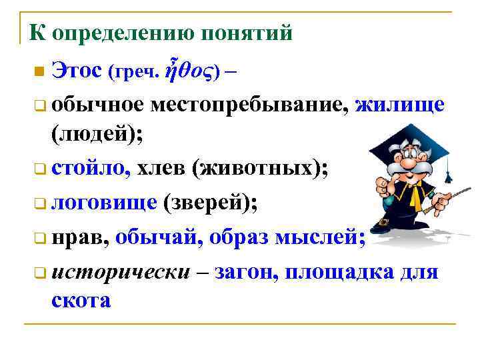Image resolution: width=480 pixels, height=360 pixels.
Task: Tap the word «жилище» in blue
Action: pos(400,104)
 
